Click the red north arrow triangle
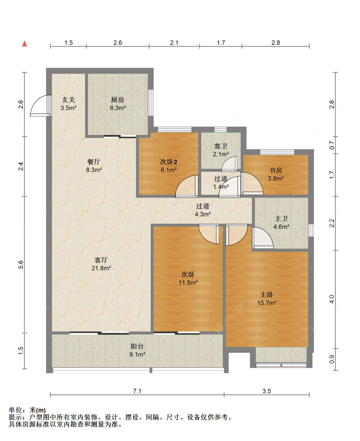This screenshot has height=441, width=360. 24,44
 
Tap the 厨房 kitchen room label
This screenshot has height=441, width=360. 117,100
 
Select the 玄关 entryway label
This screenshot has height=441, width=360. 68,100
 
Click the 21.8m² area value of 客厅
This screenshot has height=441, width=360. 101,268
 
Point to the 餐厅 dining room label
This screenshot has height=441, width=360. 94,162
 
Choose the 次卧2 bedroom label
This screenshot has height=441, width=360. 169,162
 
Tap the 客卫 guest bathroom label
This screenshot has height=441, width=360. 221,146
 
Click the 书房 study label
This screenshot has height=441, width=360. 276,171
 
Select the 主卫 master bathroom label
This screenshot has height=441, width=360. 281,219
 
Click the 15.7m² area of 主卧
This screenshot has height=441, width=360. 267,303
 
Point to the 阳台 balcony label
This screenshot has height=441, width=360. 137,347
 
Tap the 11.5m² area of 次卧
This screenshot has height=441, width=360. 188,283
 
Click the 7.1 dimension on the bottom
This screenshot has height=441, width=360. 137,391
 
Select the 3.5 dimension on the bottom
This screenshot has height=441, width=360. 267,391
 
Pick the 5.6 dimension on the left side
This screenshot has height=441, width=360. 21,265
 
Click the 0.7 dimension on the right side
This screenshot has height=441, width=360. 332,145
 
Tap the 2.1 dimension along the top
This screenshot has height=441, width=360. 174,43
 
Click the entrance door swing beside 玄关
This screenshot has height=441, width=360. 41,106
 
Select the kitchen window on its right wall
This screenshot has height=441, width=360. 151,103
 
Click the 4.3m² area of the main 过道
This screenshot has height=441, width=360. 203,214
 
